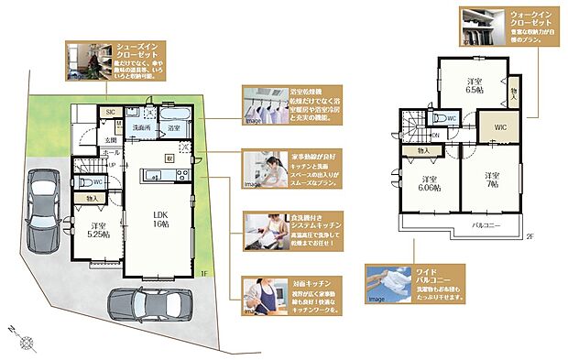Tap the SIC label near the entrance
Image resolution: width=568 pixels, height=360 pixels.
pos(109,112)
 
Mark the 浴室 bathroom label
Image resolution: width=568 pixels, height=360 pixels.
pos(173,128)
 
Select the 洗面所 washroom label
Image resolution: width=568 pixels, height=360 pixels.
pos(140,127)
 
